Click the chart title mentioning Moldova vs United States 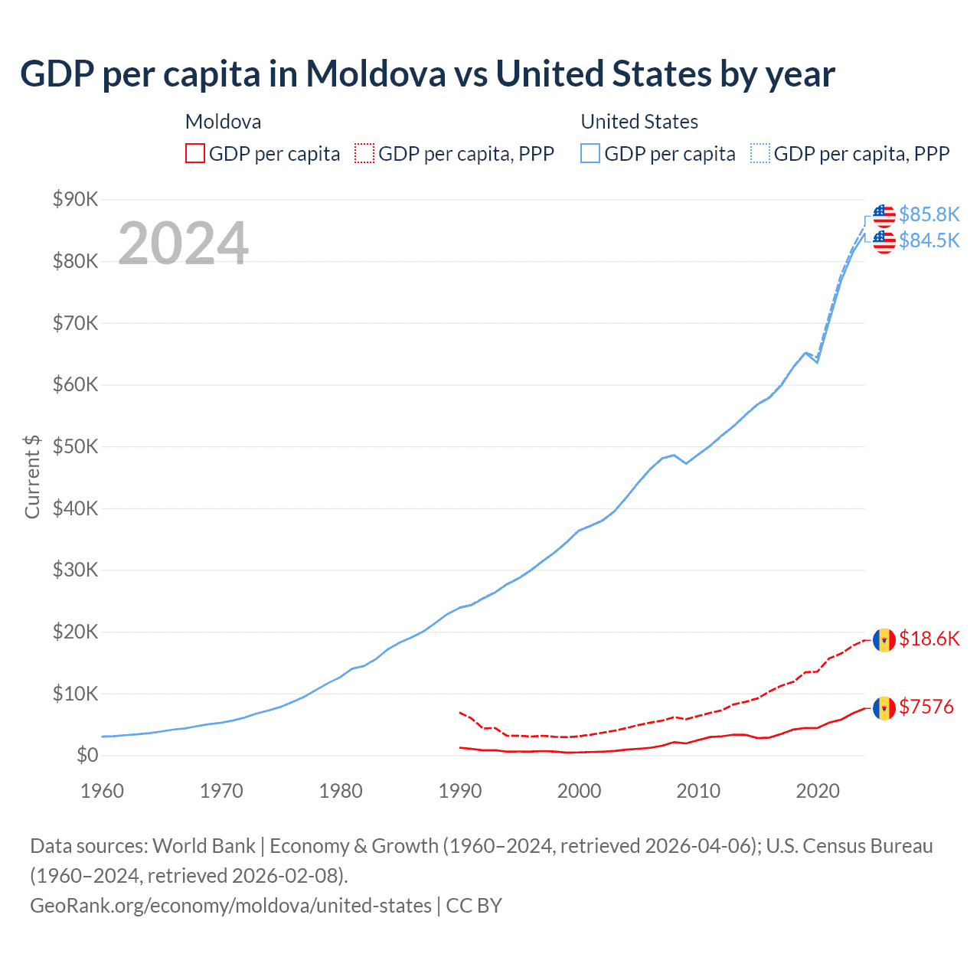(427, 74)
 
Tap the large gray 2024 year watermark (183, 243)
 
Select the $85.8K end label (929, 214)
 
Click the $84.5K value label (929, 240)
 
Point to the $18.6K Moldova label (929, 639)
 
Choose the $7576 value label (926, 707)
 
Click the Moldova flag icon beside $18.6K (884, 639)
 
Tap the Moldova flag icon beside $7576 (884, 707)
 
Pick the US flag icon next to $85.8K (884, 215)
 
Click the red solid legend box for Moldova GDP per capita (195, 154)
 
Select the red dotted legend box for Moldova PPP (364, 154)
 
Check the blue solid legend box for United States (590, 154)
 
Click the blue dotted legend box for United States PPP (760, 154)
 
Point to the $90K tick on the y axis (75, 200)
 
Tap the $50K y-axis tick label (75, 446)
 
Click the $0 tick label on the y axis (87, 756)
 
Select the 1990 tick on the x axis (459, 791)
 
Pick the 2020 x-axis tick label (818, 791)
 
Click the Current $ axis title (32, 476)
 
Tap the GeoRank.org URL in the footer (230, 906)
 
